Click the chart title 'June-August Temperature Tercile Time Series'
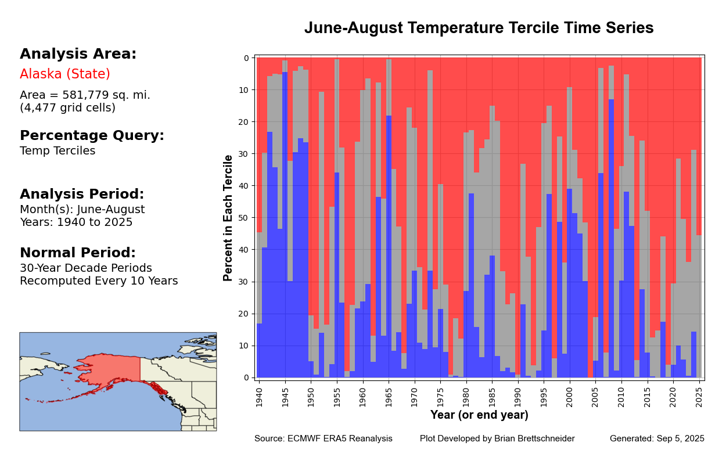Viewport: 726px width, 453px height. pos(479,28)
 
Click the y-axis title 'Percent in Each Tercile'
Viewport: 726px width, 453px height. pos(228,218)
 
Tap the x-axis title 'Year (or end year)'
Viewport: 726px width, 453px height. pos(479,415)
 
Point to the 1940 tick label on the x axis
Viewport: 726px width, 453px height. pos(259,396)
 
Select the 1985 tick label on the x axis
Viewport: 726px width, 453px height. pos(492,396)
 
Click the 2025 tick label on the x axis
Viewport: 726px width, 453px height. pos(699,396)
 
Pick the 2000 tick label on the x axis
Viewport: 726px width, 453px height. pos(570,396)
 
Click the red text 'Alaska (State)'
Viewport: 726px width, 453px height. pos(65,74)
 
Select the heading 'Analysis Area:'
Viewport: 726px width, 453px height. pos(78,54)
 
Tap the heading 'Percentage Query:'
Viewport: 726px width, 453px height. pos(92,136)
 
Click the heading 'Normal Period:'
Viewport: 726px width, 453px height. pos(77,253)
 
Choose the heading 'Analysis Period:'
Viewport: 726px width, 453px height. pos(82,195)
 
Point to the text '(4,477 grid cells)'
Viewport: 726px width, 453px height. pos(67,107)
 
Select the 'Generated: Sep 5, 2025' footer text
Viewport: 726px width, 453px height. pos(657,438)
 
